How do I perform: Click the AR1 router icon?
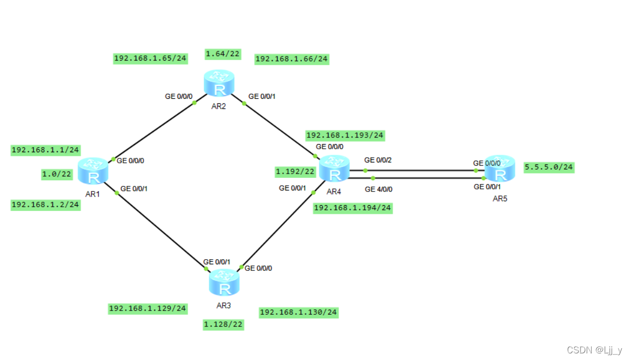tap(94, 171)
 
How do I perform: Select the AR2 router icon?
tap(220, 84)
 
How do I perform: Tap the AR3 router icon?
tap(224, 283)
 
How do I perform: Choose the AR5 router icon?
tap(500, 168)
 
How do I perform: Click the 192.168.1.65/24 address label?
tap(150, 59)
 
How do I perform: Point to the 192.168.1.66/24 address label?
tap(291, 59)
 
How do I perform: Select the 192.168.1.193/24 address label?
tap(345, 135)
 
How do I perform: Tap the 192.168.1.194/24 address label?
tap(353, 208)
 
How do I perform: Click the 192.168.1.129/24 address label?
tap(148, 309)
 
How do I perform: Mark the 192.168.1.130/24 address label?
tap(299, 312)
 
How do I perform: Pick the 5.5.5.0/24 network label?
tap(549, 167)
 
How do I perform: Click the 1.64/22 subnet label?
tap(223, 53)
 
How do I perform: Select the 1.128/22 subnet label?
tap(223, 324)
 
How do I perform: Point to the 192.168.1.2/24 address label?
tap(45, 205)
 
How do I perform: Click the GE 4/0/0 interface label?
tap(379, 189)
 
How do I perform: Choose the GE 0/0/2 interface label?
tap(378, 160)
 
